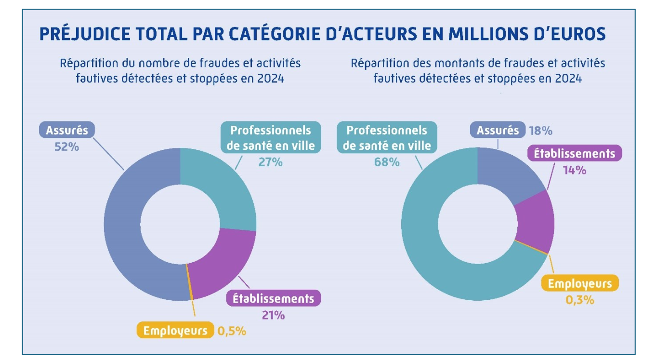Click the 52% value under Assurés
66,147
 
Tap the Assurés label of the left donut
66,130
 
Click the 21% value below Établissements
273,315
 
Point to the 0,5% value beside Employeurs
232,331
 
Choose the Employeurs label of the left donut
175,331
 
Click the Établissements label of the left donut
273,299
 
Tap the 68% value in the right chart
387,162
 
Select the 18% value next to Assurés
540,131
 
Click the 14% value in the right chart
574,170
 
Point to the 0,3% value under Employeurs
579,300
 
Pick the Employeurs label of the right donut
580,283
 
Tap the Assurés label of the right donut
498,130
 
